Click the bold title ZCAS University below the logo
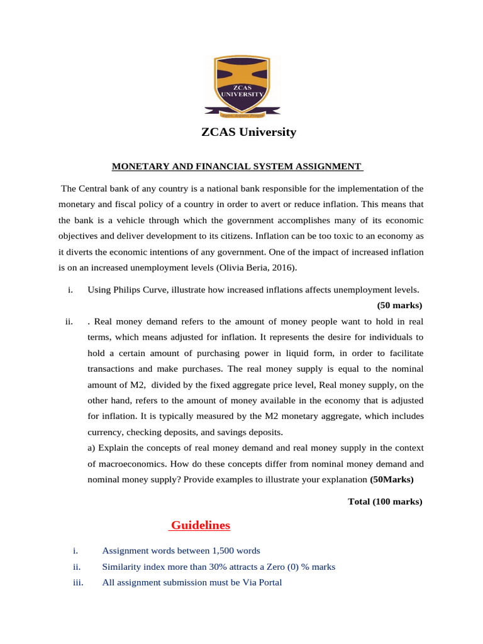click(248, 132)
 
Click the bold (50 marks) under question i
click(399, 306)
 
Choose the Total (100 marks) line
click(385, 501)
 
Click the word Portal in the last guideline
click(267, 582)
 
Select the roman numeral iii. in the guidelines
click(79, 582)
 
